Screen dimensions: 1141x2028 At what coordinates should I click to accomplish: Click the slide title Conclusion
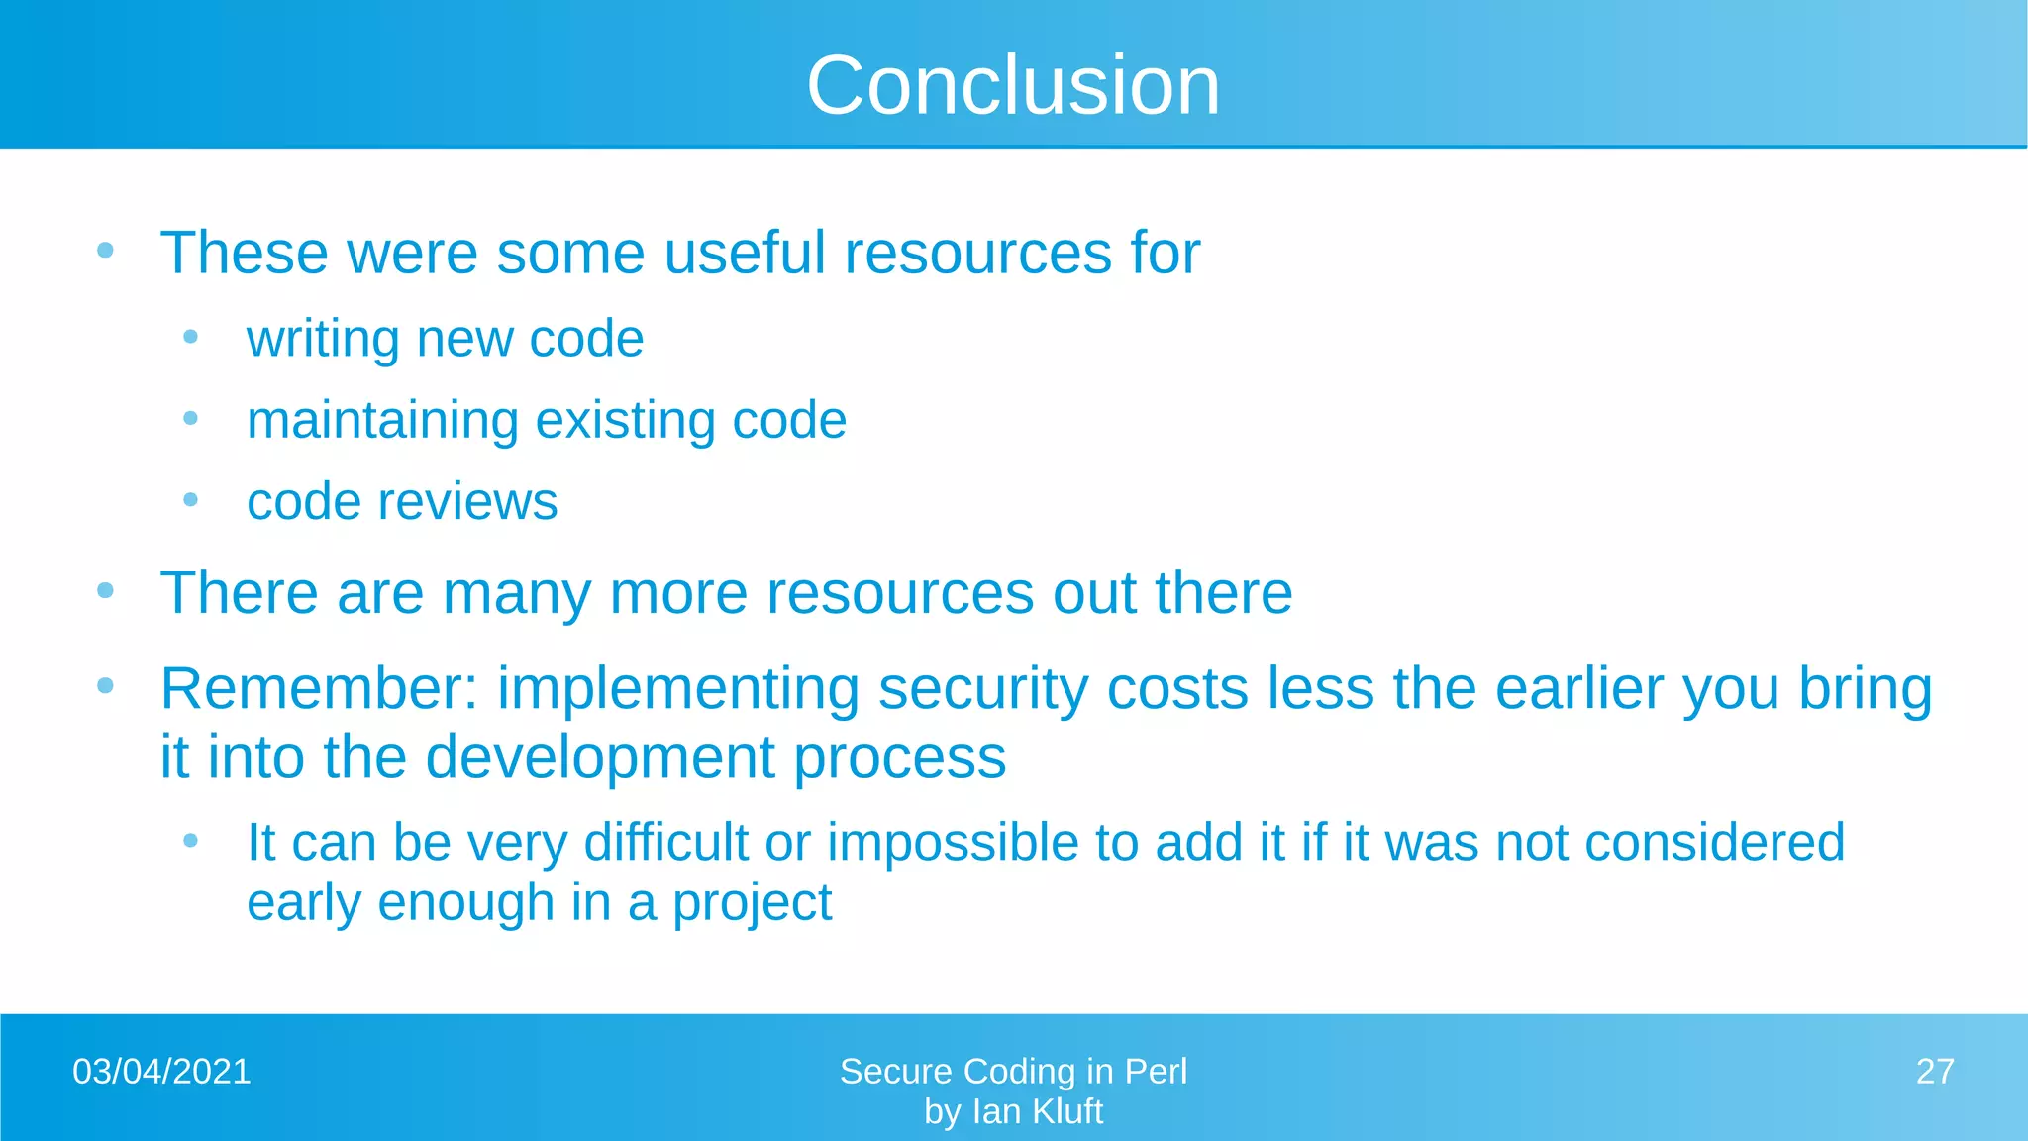pos(1013,85)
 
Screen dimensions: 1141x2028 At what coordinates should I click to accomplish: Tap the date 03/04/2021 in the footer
pos(161,1072)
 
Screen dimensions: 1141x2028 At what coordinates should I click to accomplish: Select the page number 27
pos(1934,1072)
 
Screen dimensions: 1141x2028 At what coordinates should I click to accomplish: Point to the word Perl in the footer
pos(1156,1072)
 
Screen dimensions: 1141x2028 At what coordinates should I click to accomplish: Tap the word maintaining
pos(382,421)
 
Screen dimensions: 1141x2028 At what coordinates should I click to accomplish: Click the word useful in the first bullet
pos(745,253)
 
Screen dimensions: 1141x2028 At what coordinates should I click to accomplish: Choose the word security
pos(983,690)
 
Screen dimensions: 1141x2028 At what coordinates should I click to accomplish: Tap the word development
pos(600,758)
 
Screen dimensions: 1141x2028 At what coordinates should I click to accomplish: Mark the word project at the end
pos(753,904)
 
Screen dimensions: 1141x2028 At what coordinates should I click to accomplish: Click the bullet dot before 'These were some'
pos(106,250)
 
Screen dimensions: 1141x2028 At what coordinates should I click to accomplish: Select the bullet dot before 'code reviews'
pos(191,500)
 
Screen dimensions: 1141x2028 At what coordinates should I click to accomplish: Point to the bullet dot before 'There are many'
pos(106,591)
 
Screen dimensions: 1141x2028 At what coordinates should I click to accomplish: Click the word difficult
pos(666,843)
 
